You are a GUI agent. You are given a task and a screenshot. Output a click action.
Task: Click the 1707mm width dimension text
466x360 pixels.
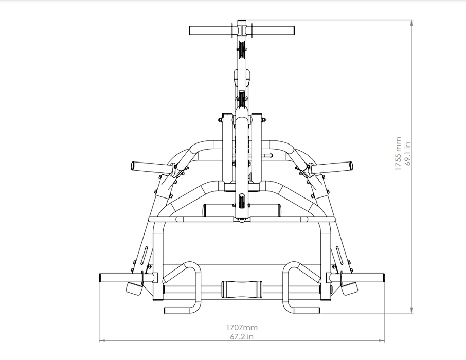click(x=242, y=327)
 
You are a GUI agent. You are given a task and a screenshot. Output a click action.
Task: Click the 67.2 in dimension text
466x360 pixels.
click(x=242, y=337)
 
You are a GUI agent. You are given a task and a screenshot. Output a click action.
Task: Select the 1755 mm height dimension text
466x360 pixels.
click(x=398, y=153)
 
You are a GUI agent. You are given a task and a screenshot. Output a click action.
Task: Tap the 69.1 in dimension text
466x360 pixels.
click(x=407, y=153)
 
